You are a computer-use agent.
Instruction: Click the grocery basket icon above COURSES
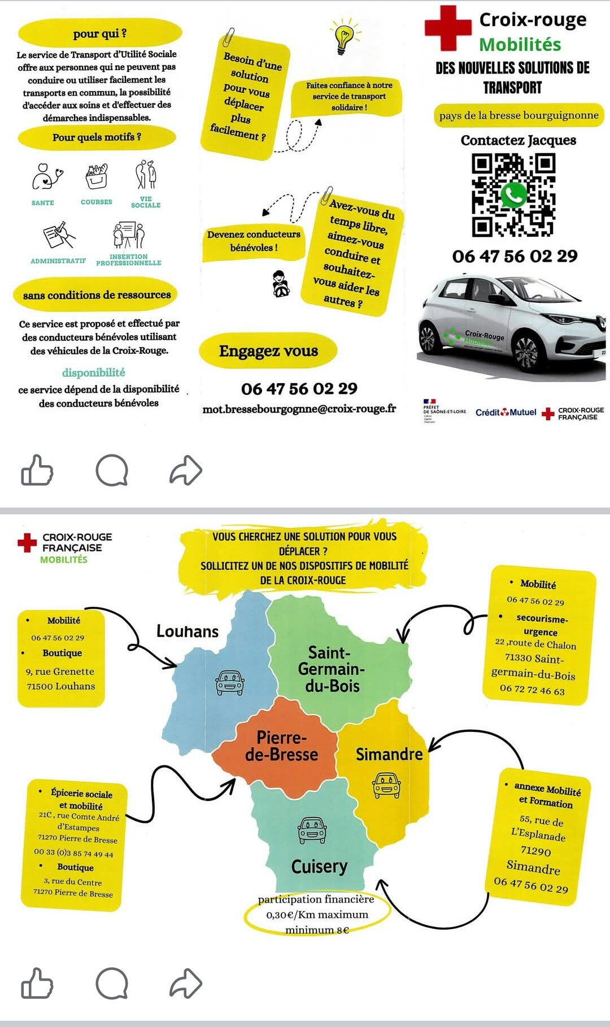tap(97, 176)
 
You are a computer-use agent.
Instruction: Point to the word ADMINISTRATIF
tap(58, 261)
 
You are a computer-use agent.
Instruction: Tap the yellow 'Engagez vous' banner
tap(268, 351)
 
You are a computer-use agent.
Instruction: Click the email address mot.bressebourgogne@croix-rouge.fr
tap(299, 409)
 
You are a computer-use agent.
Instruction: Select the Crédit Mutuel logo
tap(506, 412)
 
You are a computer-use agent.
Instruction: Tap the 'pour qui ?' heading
tap(100, 33)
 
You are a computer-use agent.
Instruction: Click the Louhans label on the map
tap(188, 631)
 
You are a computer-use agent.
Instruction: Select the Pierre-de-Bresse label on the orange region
tap(281, 746)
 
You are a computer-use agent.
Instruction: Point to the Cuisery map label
tap(319, 866)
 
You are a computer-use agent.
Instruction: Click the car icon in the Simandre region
tap(386, 786)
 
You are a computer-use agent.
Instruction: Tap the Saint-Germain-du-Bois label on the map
tap(332, 669)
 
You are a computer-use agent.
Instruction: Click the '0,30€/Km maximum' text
tap(317, 915)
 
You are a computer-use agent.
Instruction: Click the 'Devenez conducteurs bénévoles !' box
tap(254, 241)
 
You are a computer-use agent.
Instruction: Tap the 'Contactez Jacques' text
tap(518, 140)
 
